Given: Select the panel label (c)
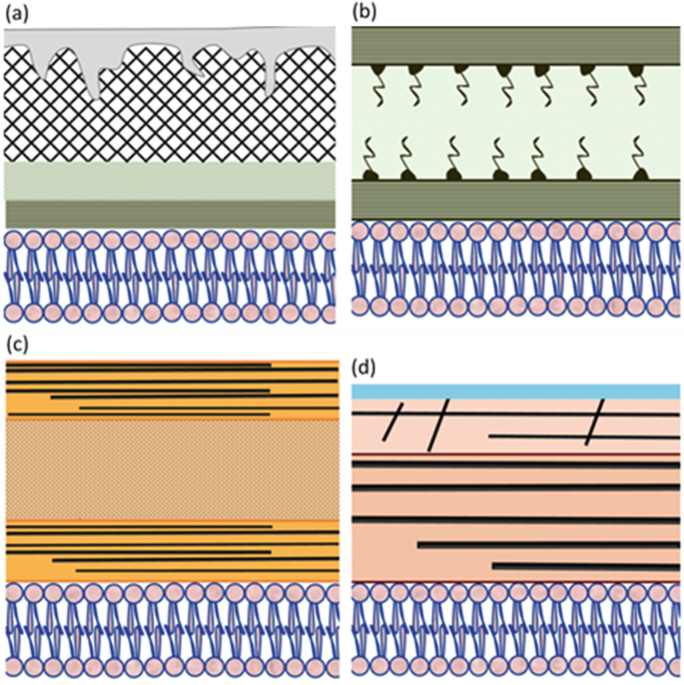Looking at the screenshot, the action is pyautogui.click(x=17, y=345).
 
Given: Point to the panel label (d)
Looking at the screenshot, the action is pyautogui.click(x=366, y=366).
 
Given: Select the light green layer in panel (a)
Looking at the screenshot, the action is pyautogui.click(x=170, y=181).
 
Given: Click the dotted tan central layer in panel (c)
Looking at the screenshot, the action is pyautogui.click(x=170, y=469).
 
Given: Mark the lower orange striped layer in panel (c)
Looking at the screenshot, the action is pyautogui.click(x=170, y=551).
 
